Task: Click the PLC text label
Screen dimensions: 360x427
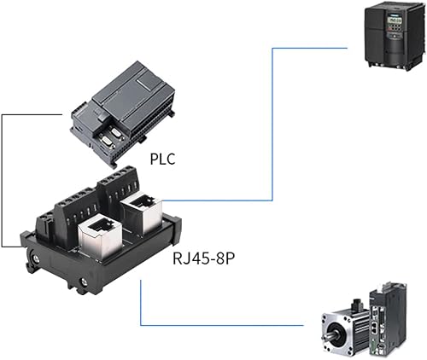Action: pyautogui.click(x=162, y=158)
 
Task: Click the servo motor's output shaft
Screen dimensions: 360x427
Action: pyautogui.click(x=327, y=334)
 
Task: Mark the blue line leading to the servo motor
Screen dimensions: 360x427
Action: pyautogui.click(x=222, y=325)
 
